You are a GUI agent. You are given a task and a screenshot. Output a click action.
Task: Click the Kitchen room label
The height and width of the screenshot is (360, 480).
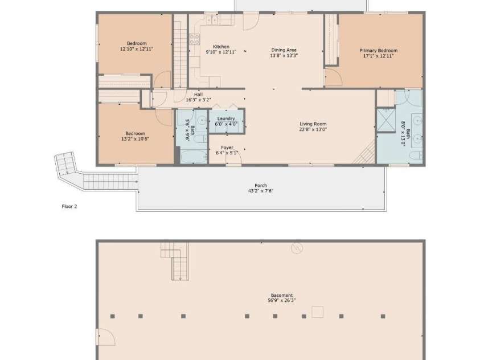[x=221, y=47]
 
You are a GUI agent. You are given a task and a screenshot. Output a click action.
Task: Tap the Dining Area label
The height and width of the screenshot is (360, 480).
[x=284, y=50]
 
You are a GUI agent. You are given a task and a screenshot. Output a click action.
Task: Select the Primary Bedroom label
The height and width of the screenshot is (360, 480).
[x=379, y=51]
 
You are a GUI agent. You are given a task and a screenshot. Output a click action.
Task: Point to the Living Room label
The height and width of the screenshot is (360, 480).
[x=313, y=124]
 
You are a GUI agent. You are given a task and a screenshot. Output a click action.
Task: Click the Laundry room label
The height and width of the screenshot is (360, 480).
[x=226, y=119]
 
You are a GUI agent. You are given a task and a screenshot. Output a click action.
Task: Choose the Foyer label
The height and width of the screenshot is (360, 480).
[x=227, y=148]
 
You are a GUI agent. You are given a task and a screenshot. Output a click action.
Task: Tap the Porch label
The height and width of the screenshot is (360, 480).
[x=261, y=186]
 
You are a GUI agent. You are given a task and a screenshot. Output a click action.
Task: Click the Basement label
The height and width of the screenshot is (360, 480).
[x=282, y=296]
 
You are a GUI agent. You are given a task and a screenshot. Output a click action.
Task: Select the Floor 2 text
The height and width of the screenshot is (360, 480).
[x=69, y=207]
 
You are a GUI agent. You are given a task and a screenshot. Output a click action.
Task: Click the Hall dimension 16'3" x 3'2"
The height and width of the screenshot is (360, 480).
[x=198, y=100]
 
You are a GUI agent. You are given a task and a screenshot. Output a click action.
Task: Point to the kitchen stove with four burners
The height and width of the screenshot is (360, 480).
[x=195, y=39]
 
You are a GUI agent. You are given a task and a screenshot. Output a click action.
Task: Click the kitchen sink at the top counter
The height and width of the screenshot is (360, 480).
[x=212, y=20]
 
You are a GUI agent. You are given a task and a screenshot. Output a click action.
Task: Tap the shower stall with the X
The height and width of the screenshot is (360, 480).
[x=385, y=120]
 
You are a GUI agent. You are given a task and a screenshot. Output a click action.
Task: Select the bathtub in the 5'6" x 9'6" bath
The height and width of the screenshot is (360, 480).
[x=194, y=157]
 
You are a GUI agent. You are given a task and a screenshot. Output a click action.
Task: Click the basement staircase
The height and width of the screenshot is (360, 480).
[x=175, y=261]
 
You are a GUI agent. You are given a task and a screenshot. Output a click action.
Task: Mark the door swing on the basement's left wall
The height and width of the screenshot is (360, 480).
[x=105, y=337]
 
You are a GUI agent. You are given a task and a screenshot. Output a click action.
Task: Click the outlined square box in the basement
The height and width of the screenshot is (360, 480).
[x=318, y=312]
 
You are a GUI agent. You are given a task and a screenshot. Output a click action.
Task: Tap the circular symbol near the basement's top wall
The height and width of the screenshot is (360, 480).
[x=297, y=248]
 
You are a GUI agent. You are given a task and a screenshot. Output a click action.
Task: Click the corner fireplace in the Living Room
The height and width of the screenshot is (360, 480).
[x=365, y=153]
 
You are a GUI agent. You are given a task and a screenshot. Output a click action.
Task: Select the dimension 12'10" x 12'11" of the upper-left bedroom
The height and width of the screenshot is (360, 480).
[x=137, y=48]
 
